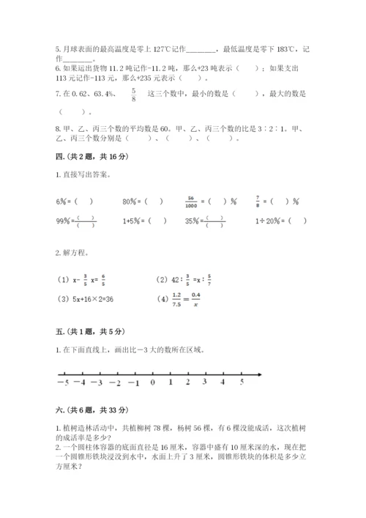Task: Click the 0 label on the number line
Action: (x=152, y=382)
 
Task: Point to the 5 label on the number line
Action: (x=242, y=382)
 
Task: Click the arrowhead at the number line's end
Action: (x=260, y=376)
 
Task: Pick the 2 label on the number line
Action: (x=188, y=382)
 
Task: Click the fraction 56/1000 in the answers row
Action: (x=193, y=200)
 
